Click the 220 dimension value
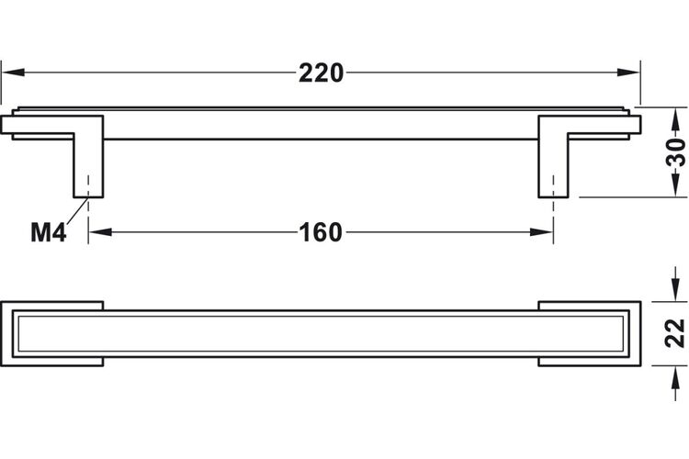pos(322,73)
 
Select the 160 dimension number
pos(321,232)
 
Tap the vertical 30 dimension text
pos(676,152)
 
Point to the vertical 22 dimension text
pos(676,333)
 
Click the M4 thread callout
pos(49,232)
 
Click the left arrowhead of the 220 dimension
pos(13,73)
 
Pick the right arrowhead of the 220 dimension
pos(628,73)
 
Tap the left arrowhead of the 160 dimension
pos(100,232)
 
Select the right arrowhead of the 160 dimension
pos(541,232)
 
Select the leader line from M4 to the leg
pos(77,213)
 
